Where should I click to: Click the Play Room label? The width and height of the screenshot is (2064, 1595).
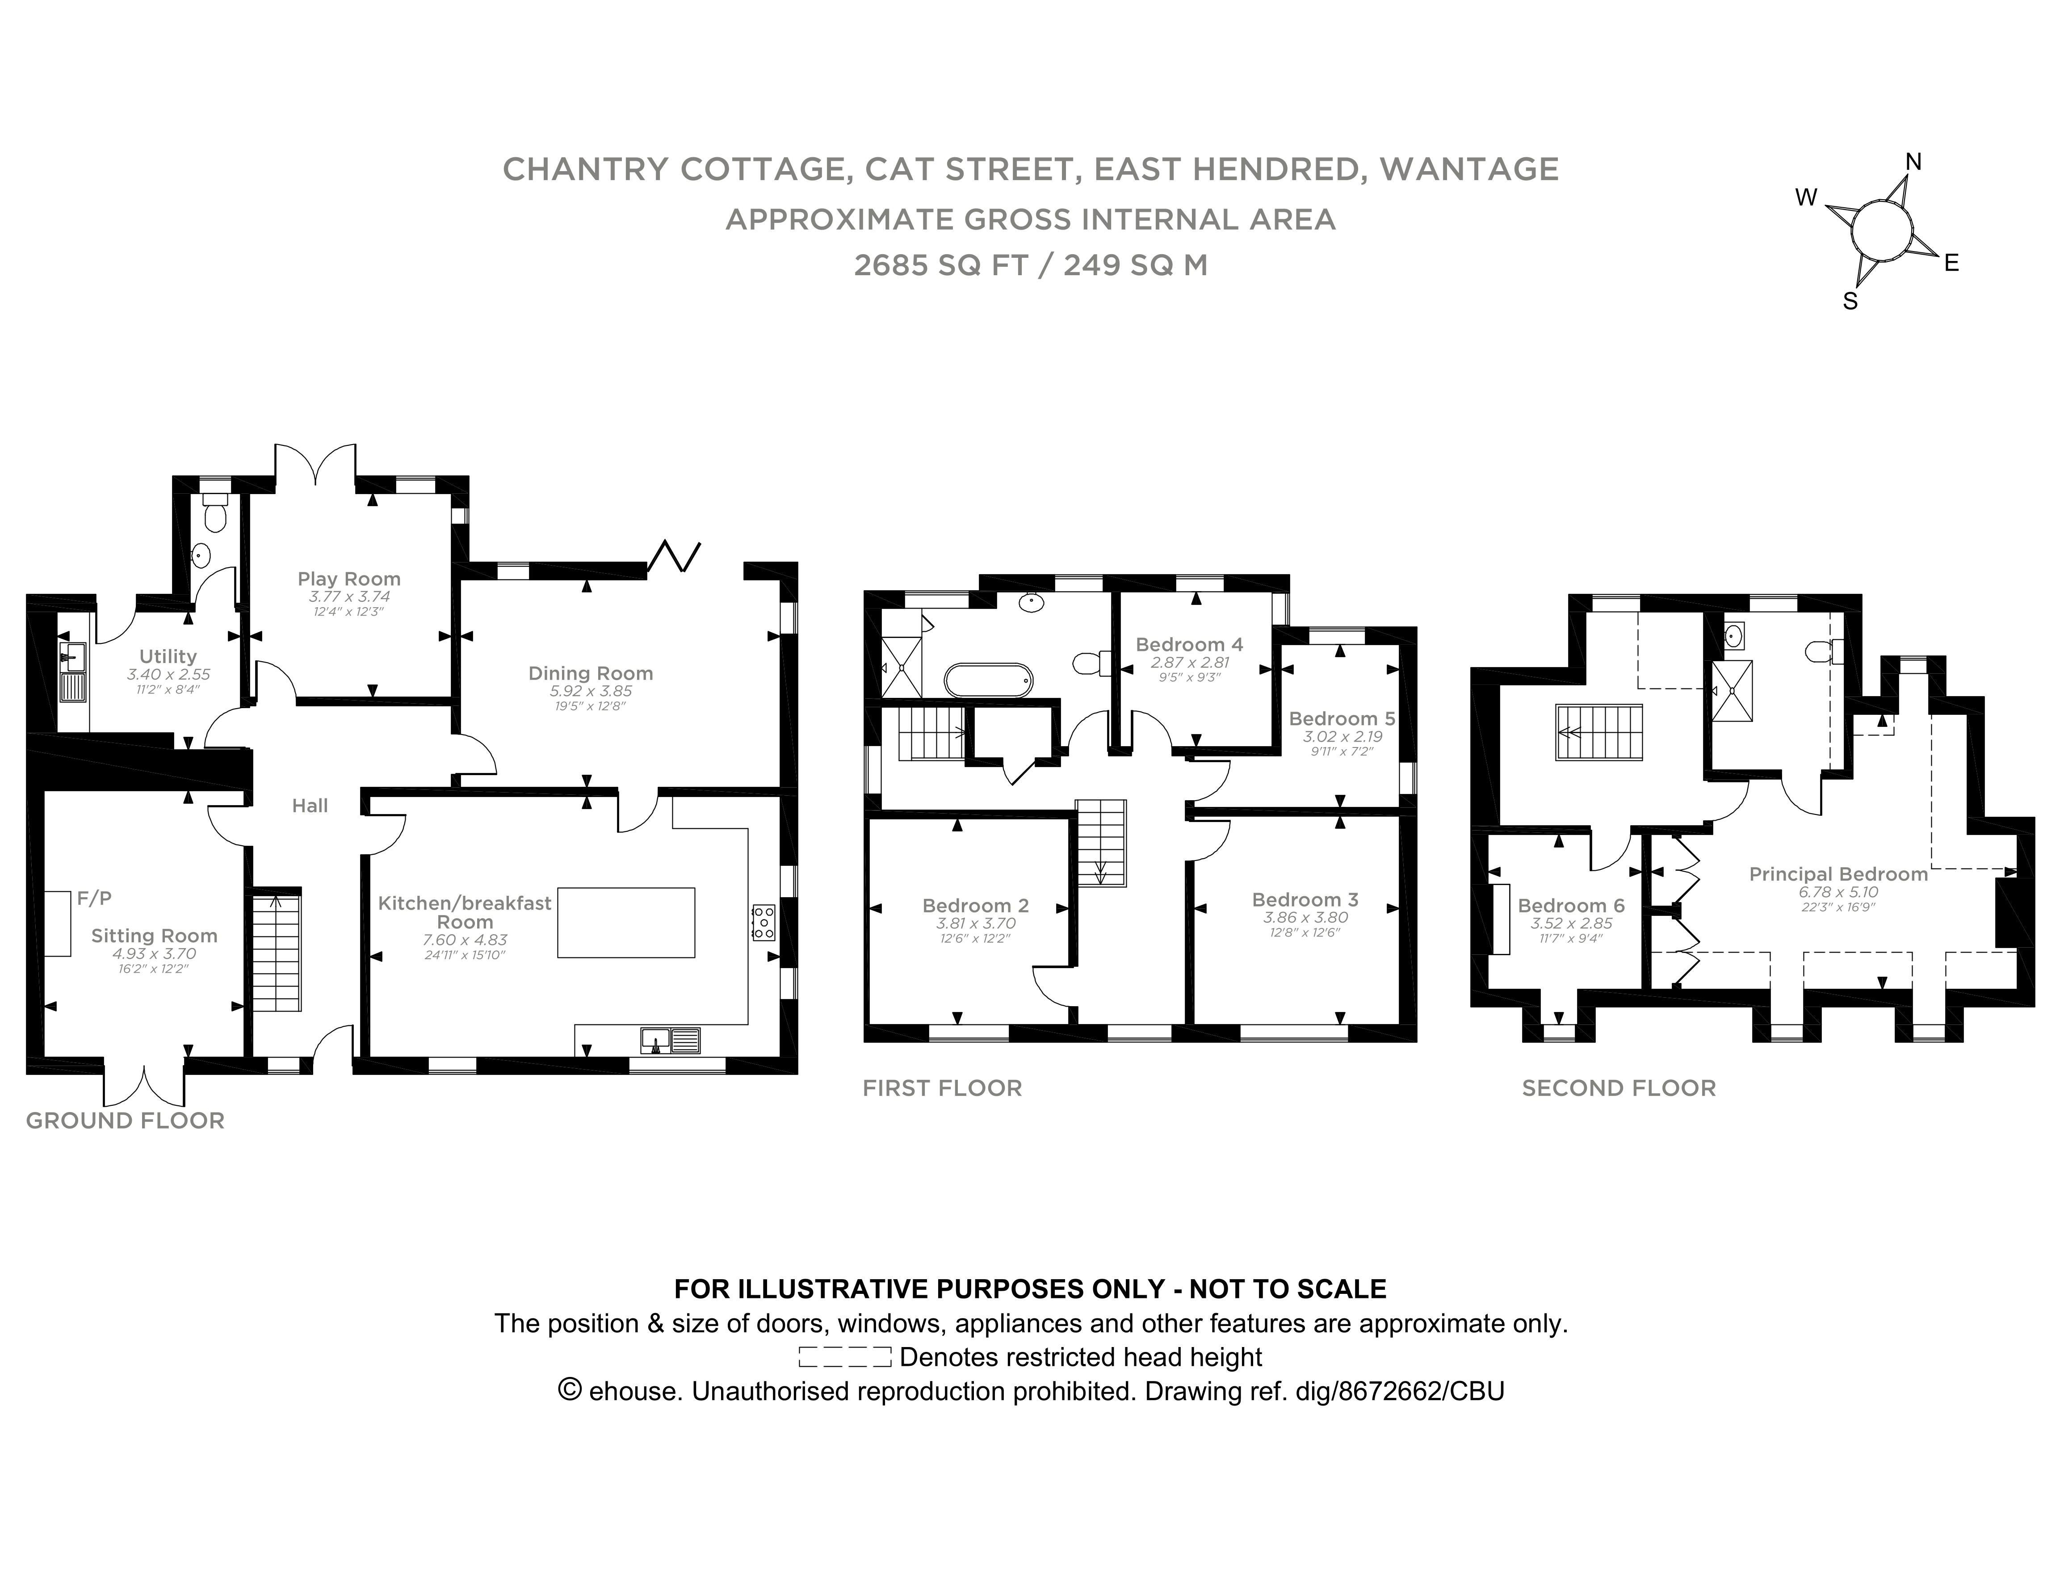pos(349,578)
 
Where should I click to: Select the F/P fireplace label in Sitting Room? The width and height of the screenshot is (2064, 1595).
pos(95,898)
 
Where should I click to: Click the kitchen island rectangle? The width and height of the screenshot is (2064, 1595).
pos(625,922)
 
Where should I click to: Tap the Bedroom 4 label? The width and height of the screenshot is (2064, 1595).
pos(1189,644)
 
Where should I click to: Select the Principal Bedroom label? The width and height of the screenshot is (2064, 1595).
pos(1838,874)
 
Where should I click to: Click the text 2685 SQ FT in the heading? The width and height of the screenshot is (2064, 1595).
pos(940,265)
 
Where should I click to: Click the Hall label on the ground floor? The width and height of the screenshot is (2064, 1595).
pos(310,805)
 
